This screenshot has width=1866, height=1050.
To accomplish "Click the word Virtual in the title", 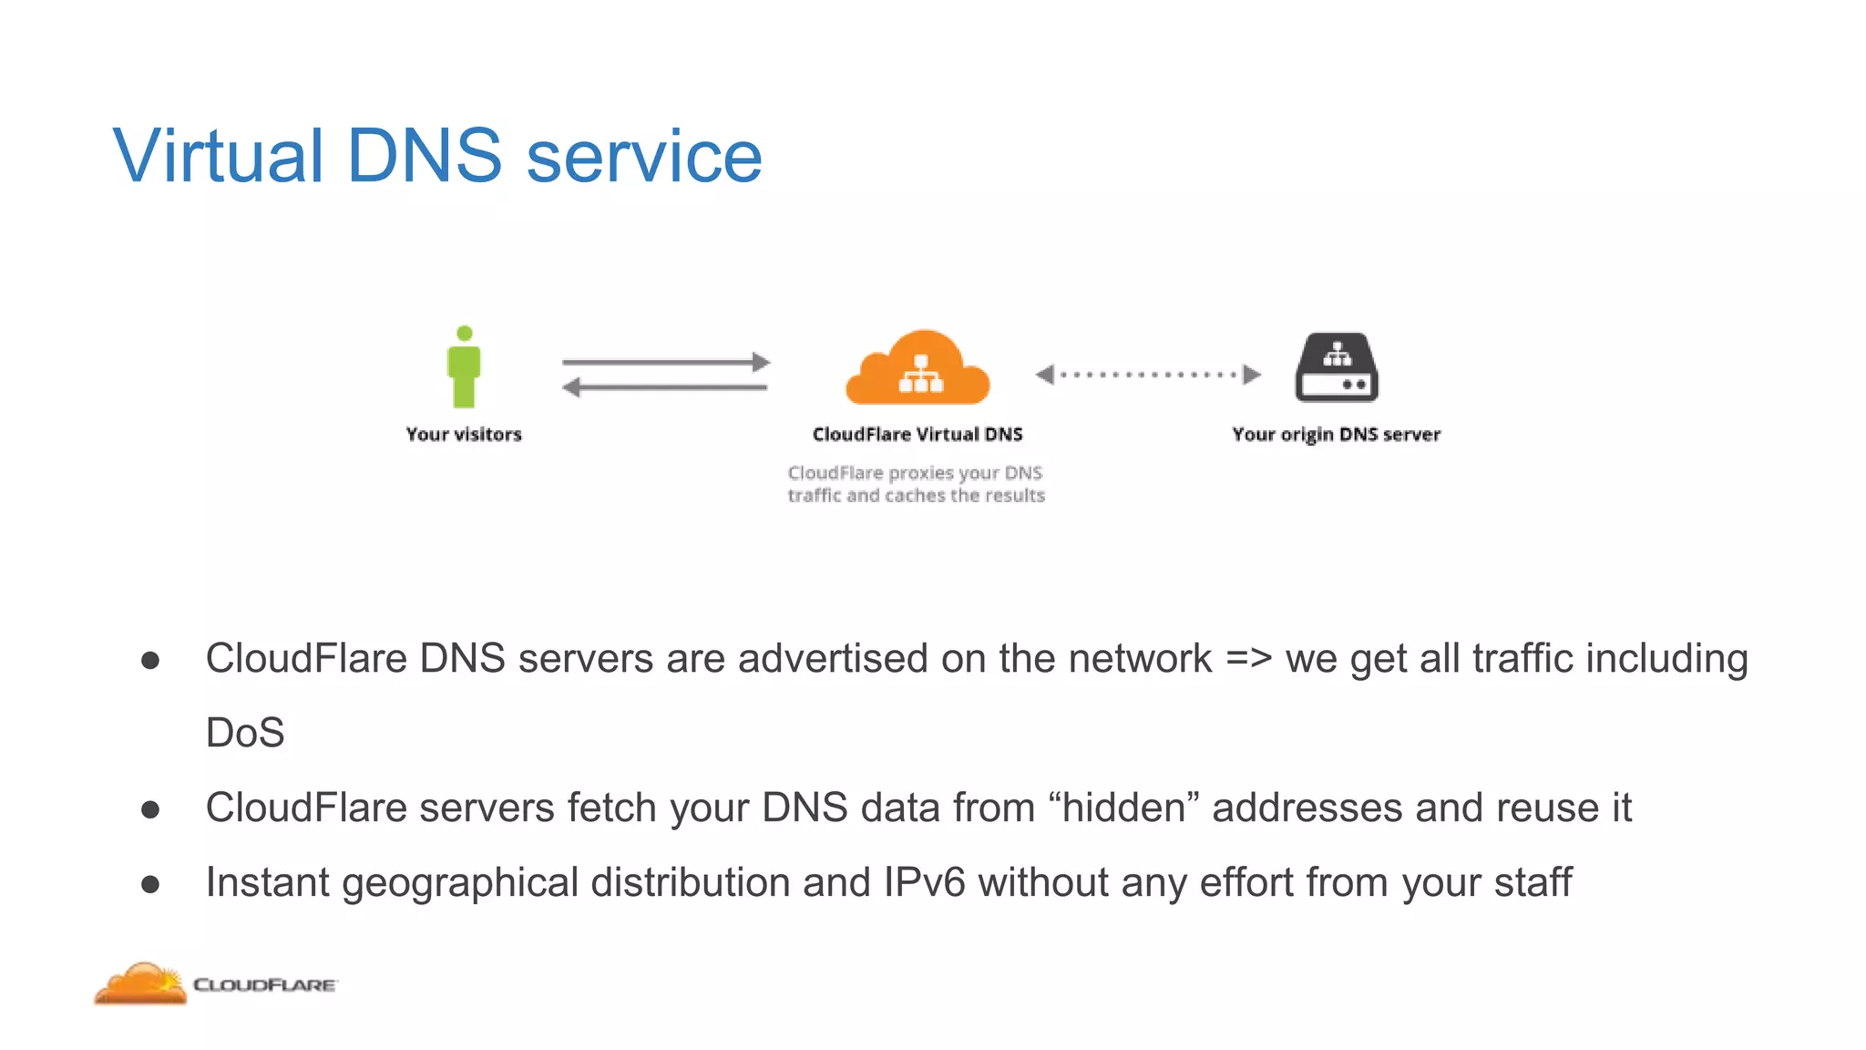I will [x=218, y=156].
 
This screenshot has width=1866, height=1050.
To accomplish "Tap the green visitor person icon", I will [x=464, y=367].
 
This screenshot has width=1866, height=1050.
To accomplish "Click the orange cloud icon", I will [x=918, y=369].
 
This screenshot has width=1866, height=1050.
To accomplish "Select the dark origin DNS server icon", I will [x=1337, y=367].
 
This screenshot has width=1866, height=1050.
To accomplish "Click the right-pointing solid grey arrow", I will [x=666, y=362].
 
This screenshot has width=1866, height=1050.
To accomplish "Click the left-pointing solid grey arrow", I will [x=664, y=388].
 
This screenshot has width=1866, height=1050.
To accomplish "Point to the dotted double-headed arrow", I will [x=1148, y=374].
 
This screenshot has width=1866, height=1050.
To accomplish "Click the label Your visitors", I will [x=464, y=435].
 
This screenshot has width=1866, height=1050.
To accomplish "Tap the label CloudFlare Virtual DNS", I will [x=918, y=435].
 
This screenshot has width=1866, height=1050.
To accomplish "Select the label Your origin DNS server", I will [x=1336, y=435].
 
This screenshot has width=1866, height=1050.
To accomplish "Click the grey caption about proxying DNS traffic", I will [x=916, y=484].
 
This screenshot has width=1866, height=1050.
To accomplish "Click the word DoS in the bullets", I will [x=245, y=733].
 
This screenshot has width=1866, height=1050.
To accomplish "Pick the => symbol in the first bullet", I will [x=1248, y=658].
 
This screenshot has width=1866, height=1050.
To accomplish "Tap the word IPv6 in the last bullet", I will [x=924, y=882].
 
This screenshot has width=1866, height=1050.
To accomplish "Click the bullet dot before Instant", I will [x=151, y=883].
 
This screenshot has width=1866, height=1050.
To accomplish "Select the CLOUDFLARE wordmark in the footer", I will [x=265, y=985].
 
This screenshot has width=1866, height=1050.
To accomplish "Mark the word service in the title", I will [x=644, y=156].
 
